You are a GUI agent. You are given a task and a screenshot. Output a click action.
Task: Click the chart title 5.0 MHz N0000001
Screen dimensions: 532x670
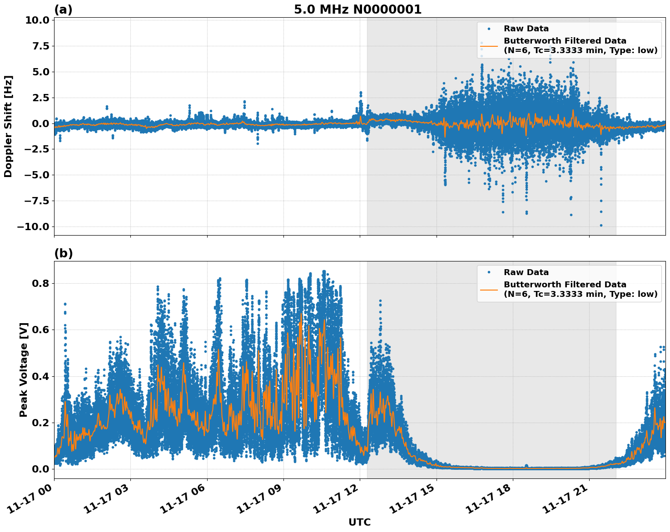tap(357, 10)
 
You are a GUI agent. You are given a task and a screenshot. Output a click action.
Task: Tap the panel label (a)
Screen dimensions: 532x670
tap(63, 10)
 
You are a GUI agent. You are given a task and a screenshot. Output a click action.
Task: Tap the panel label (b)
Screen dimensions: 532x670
tap(63, 253)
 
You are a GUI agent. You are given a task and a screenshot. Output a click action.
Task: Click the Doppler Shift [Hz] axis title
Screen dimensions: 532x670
tap(8, 126)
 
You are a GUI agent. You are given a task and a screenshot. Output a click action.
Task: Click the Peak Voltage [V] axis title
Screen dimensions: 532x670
tap(24, 369)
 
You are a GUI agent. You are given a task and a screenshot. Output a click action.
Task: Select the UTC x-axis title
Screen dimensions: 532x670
tap(359, 522)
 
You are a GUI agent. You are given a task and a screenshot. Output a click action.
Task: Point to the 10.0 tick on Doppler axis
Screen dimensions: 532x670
tap(35, 20)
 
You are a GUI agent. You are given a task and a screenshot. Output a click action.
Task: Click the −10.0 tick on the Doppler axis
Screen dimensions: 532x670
tap(33, 227)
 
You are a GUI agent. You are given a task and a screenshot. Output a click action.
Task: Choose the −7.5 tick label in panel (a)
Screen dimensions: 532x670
tap(35, 201)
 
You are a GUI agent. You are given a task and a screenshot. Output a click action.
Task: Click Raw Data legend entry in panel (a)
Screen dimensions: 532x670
tap(526, 29)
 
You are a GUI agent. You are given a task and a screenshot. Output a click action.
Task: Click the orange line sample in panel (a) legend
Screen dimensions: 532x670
tap(489, 46)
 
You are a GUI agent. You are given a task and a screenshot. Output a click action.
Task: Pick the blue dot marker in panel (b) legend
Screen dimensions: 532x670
tap(489, 272)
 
